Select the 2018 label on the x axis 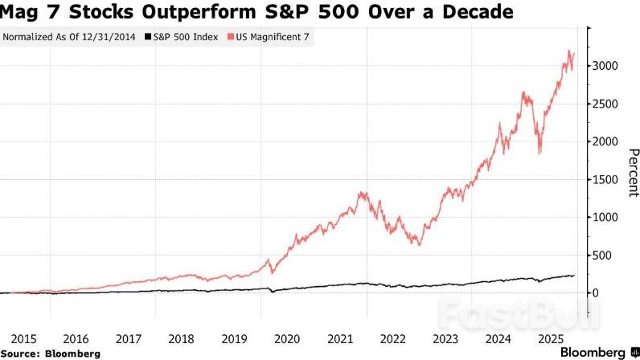click(181, 339)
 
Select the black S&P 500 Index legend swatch click(147, 37)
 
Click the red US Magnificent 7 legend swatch click(232, 37)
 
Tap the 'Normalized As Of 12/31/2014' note click(70, 37)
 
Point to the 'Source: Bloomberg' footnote click(51, 353)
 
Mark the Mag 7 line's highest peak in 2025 click(570, 51)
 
